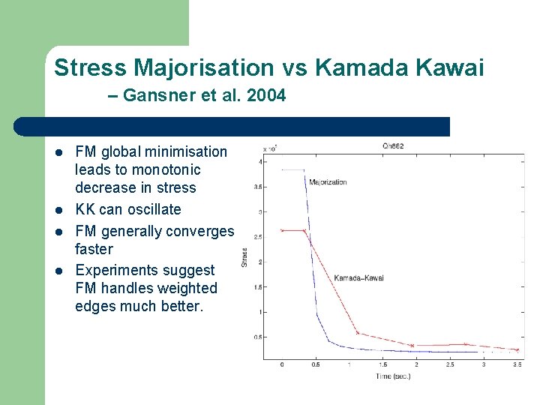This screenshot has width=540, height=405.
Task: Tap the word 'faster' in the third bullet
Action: click(x=94, y=249)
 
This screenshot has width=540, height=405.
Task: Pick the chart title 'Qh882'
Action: click(x=393, y=146)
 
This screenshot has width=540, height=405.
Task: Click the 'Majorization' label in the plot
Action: click(x=328, y=182)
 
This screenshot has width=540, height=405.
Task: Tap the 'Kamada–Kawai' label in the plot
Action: click(x=358, y=277)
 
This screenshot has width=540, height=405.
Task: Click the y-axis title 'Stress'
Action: click(x=244, y=257)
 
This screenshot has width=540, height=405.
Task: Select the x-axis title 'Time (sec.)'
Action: click(x=393, y=376)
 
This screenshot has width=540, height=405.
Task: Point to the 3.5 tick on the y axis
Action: click(x=258, y=187)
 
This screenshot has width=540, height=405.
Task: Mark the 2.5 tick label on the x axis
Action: click(x=450, y=365)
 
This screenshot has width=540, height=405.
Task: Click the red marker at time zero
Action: click(x=282, y=230)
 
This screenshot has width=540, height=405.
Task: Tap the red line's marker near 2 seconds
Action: click(x=412, y=346)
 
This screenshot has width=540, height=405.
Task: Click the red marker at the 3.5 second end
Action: click(x=517, y=349)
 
